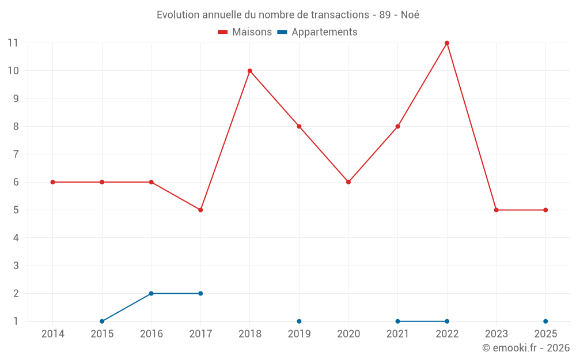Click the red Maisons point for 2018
point(250,71)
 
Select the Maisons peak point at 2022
point(447,43)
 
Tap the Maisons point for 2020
point(348,182)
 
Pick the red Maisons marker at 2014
point(53,182)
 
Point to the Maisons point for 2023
point(496,210)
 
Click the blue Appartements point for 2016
point(151,293)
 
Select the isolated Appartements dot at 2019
point(299,321)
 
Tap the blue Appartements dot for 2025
point(545,321)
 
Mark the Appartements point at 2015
point(102,321)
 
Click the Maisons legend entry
point(245,32)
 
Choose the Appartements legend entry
point(317,32)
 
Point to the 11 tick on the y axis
point(13,43)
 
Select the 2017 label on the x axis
point(200,334)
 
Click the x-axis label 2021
point(397,334)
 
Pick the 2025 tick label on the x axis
point(545,334)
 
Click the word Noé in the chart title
point(410,15)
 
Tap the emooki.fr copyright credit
point(526,348)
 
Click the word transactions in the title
point(340,15)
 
